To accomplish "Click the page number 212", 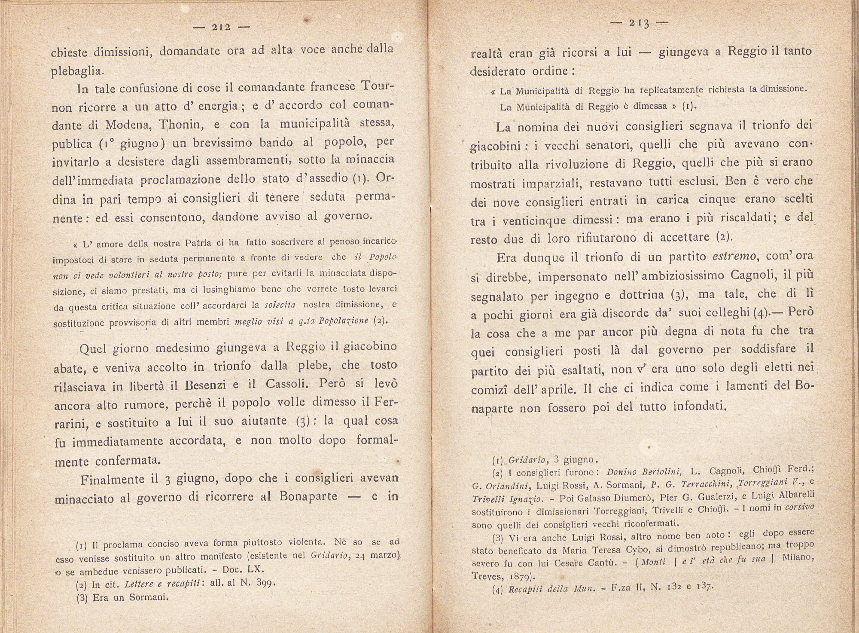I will (x=221, y=28).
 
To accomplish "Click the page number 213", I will (x=639, y=23).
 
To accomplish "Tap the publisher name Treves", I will (x=486, y=577).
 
